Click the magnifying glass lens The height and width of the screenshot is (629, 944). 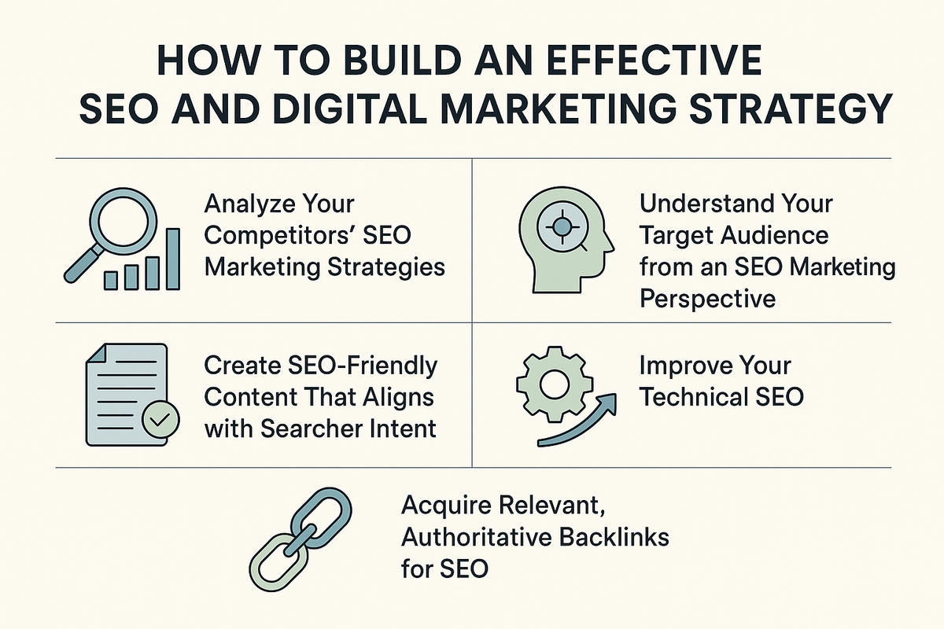(x=123, y=221)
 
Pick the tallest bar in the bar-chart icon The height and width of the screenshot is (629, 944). (x=173, y=259)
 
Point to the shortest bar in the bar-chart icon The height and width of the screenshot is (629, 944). (x=111, y=281)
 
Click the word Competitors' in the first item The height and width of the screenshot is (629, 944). (x=280, y=236)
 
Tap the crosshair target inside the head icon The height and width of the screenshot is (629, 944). (x=562, y=227)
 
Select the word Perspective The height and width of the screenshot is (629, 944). (x=707, y=300)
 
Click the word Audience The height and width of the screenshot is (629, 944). (x=775, y=235)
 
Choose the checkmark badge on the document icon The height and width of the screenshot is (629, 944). (x=160, y=420)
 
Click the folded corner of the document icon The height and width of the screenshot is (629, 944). (x=96, y=352)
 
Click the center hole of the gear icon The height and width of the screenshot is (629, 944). (x=555, y=384)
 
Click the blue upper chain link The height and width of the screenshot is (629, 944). (x=322, y=518)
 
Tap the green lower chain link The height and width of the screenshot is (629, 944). (x=279, y=562)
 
